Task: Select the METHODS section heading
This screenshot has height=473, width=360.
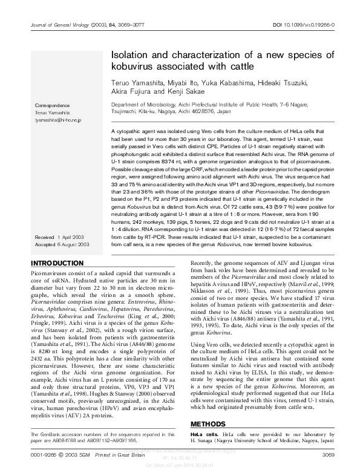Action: coord(211,424)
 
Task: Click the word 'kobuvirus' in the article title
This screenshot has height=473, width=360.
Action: coord(136,64)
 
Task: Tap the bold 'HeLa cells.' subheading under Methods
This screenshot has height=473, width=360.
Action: coord(205,435)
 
